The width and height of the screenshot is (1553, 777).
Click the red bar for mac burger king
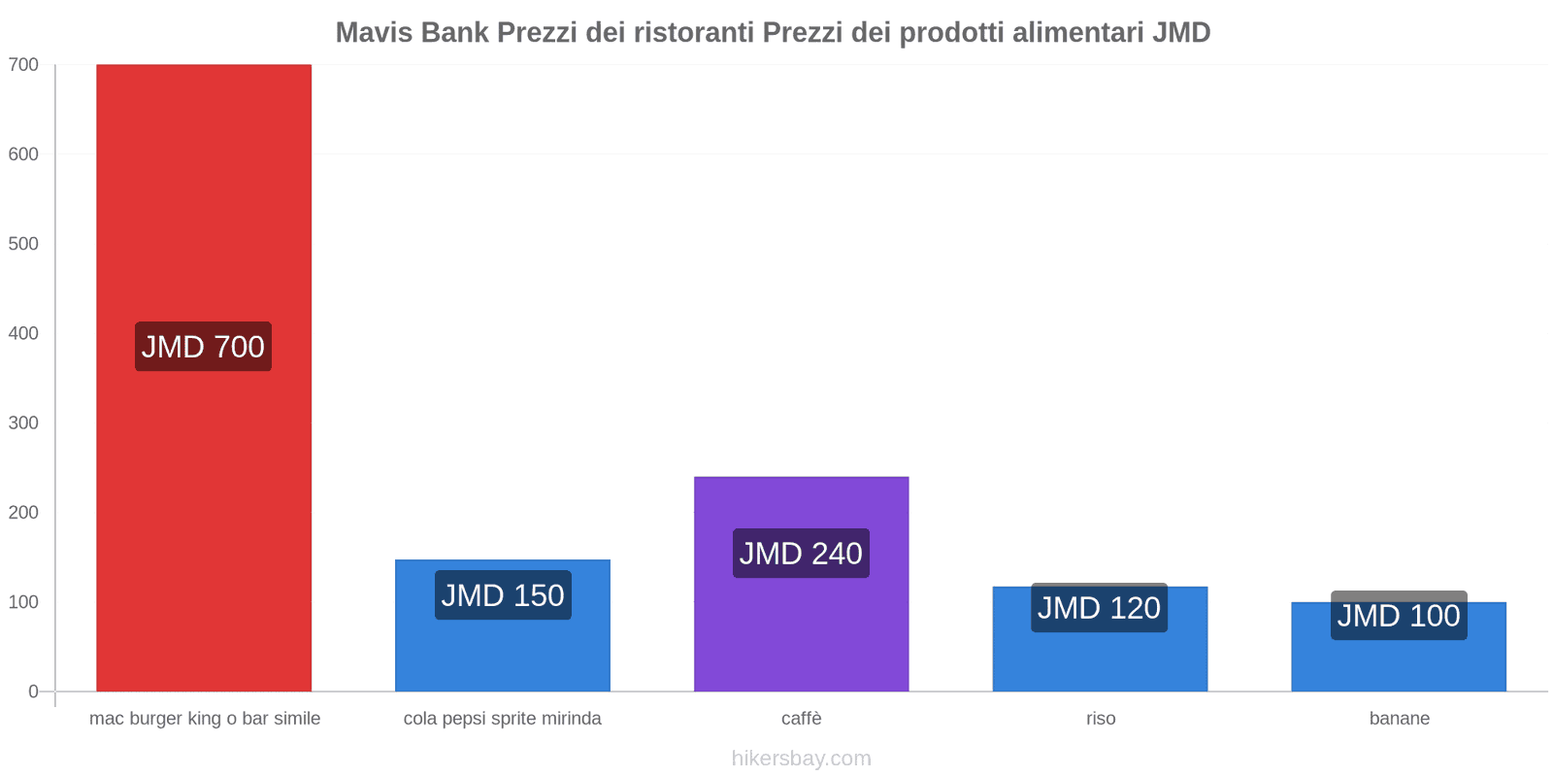(x=204, y=194)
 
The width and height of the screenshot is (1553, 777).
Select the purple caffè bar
(x=801, y=631)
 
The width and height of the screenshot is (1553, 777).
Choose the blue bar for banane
(x=1399, y=666)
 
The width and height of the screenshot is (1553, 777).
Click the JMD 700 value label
(x=203, y=347)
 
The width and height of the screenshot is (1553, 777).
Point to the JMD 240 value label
(x=801, y=554)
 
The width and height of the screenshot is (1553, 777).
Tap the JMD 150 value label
(x=503, y=595)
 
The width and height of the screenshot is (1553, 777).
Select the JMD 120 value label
(x=1099, y=608)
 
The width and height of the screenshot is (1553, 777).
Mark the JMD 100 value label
(x=1399, y=616)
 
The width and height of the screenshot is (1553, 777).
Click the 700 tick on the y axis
(x=23, y=65)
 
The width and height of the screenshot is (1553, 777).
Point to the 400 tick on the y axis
(x=23, y=333)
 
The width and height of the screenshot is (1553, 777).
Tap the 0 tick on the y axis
(x=33, y=692)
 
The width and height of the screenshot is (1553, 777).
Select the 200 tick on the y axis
(x=23, y=513)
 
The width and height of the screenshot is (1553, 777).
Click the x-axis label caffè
(x=801, y=719)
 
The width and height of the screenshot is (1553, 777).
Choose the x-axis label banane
(x=1399, y=719)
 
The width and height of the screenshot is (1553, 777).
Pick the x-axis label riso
(x=1101, y=719)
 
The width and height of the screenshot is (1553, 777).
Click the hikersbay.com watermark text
(x=801, y=759)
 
